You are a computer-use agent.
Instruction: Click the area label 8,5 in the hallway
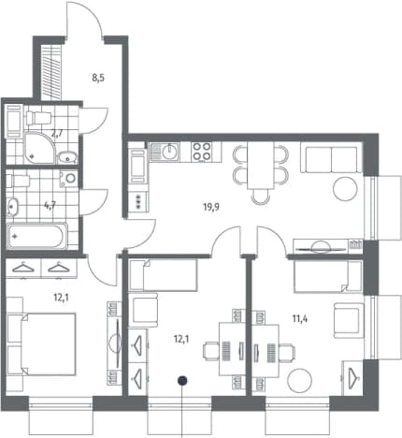tap(98, 78)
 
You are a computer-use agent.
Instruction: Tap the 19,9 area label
tap(211, 207)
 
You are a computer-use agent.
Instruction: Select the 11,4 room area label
tap(300, 318)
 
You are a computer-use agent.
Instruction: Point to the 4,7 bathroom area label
tap(50, 205)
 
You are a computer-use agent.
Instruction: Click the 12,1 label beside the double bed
tap(61, 298)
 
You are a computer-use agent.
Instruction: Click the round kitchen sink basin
tap(170, 152)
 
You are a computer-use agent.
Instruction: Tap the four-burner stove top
tap(201, 152)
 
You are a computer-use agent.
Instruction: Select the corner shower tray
tap(40, 148)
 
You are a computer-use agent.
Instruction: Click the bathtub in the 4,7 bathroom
tap(36, 236)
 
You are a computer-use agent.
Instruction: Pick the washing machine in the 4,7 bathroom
tap(68, 179)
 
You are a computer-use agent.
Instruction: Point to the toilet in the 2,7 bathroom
tap(38, 118)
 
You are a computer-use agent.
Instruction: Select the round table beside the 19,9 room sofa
tap(345, 189)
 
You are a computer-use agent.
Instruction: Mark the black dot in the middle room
tap(182, 380)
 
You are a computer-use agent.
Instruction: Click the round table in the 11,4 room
tap(300, 380)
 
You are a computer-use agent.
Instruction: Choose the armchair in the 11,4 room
tap(349, 320)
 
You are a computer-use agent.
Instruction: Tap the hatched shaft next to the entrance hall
tap(50, 72)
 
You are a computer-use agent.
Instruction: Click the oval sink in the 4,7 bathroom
tap(12, 207)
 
